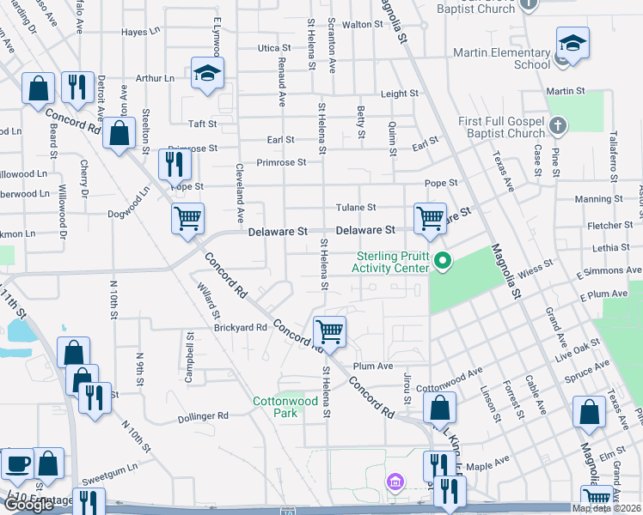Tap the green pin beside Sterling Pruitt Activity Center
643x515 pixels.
444,262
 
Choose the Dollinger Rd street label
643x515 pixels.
204,415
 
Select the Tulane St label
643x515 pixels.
355,208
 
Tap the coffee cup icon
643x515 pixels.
17,464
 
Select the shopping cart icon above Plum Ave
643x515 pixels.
329,330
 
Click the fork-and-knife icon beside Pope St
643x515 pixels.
175,163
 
